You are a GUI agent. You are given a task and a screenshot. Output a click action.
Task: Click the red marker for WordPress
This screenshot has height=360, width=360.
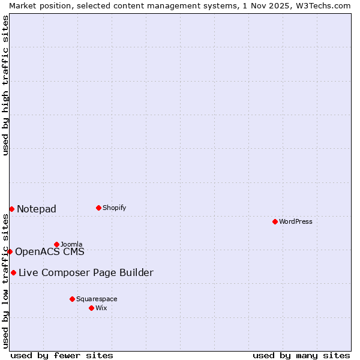click(x=275, y=222)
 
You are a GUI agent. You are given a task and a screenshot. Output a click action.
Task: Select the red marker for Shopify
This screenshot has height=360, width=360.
click(x=98, y=208)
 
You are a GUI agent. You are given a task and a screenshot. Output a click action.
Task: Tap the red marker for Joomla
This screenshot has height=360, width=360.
click(x=56, y=244)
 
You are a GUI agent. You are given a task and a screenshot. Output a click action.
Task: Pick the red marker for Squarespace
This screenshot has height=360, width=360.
click(x=72, y=299)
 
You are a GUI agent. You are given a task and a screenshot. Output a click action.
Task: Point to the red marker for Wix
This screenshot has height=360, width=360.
click(x=91, y=308)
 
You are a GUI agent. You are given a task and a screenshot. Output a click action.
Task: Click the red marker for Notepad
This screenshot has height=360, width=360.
click(x=11, y=209)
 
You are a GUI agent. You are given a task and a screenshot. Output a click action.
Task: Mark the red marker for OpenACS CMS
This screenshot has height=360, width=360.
click(x=10, y=251)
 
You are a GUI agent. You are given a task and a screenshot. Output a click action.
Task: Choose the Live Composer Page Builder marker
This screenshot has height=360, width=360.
click(x=13, y=273)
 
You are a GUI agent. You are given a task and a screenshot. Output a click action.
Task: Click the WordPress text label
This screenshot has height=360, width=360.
click(x=296, y=222)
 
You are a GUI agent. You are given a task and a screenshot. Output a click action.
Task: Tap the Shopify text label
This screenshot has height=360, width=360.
click(x=114, y=208)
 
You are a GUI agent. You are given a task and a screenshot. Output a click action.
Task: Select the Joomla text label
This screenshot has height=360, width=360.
click(x=71, y=244)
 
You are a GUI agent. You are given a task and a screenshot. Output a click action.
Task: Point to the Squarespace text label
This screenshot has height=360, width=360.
click(x=97, y=299)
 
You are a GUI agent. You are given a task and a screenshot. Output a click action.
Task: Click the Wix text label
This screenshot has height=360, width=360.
click(x=101, y=308)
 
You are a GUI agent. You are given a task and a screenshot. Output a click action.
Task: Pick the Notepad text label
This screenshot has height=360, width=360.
click(x=37, y=209)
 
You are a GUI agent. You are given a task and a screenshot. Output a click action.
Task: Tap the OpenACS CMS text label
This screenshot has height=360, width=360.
click(x=50, y=251)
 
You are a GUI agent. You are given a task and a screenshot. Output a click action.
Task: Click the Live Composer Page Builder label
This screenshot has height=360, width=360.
click(x=86, y=273)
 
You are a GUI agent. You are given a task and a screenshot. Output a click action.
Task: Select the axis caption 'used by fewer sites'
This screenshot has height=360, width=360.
click(x=62, y=355)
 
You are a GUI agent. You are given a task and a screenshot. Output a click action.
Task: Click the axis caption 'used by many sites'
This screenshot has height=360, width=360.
click(x=301, y=355)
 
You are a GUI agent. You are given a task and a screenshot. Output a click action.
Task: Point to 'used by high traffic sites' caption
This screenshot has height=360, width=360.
click(x=5, y=85)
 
